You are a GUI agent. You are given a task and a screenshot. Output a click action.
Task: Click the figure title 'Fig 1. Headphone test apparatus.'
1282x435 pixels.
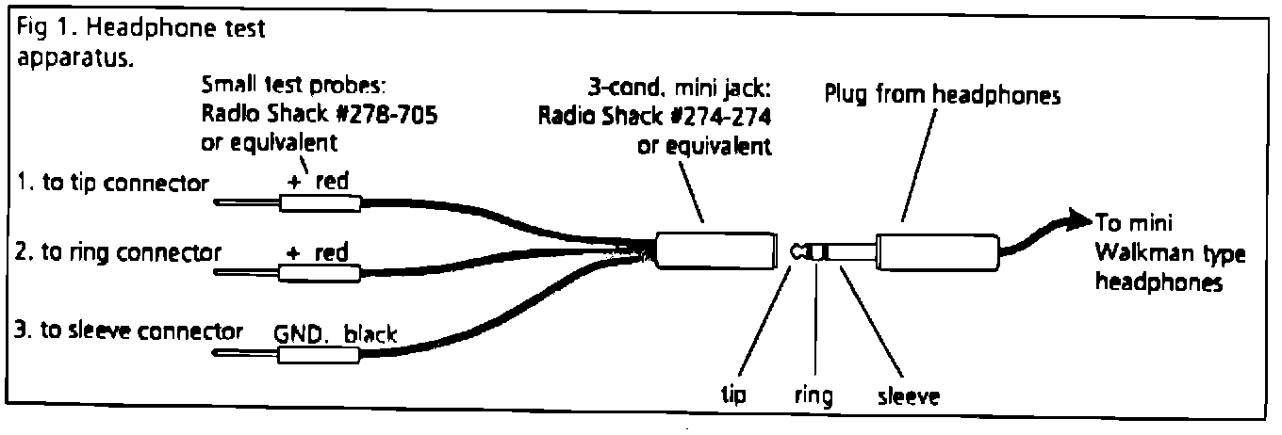140,43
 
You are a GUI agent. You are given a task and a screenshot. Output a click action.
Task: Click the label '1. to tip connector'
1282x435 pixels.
112,183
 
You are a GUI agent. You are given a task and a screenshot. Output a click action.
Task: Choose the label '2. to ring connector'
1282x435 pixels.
118,251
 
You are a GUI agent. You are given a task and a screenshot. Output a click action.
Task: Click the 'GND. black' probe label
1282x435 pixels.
336,334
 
